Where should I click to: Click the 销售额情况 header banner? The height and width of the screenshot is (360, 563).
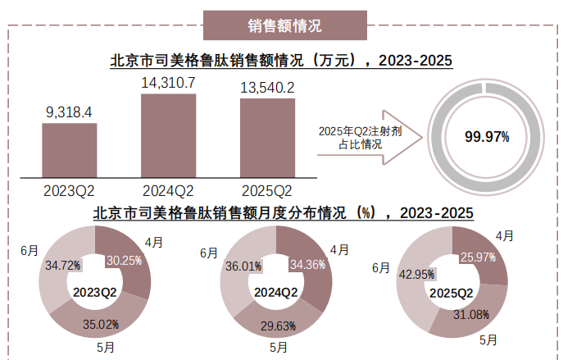tap(284, 25)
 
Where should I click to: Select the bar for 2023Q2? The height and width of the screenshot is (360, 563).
tap(69, 150)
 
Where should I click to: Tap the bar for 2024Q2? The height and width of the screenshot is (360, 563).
tap(168, 135)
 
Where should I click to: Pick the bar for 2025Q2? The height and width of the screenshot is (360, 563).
tap(267, 138)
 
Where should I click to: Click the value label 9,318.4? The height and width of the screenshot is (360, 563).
tap(69, 112)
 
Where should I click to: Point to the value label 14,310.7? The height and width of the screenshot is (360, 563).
tap(168, 83)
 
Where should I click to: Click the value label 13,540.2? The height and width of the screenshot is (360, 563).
tap(267, 87)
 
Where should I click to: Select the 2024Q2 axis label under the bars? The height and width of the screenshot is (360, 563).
tap(168, 191)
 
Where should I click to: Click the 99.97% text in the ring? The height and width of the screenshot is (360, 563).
tap(487, 137)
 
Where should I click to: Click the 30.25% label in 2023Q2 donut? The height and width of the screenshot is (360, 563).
tap(125, 261)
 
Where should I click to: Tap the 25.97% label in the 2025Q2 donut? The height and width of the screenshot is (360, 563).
tap(479, 257)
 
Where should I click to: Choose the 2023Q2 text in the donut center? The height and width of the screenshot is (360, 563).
tap(95, 292)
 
